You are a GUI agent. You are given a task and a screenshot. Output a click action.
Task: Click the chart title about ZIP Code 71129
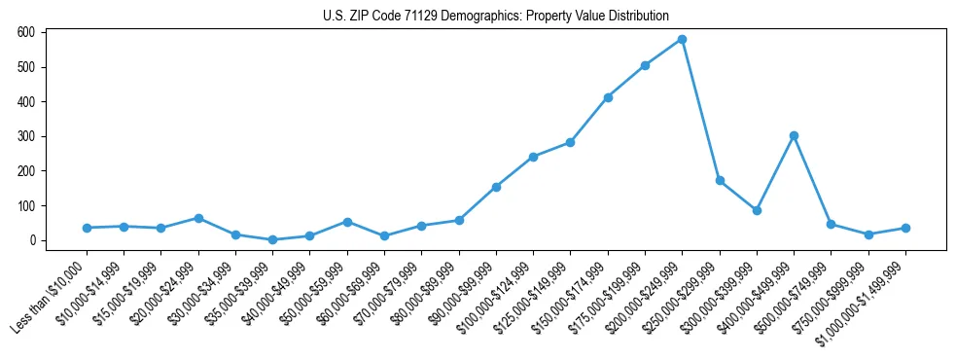pos(496,16)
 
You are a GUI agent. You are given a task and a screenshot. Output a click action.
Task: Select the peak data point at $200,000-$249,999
pos(683,39)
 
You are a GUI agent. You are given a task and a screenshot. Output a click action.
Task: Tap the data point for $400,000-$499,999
pos(794,135)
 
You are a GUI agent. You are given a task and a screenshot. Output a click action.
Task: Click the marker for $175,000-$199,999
pos(645,65)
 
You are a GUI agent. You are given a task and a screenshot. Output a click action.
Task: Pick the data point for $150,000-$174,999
pos(608,97)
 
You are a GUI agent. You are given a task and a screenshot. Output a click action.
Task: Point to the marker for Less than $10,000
pos(87,228)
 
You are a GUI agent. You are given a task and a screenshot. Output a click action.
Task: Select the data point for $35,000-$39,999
pos(272,239)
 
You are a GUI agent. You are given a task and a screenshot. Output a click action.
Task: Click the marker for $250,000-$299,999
pos(720,180)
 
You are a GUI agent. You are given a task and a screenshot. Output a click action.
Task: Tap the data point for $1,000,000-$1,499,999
pos(905,228)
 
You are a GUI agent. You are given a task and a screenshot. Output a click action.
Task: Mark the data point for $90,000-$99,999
pos(496,187)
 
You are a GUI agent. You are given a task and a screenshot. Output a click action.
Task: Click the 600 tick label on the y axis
pos(26,32)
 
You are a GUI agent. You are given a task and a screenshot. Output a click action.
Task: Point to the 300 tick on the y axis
pos(26,136)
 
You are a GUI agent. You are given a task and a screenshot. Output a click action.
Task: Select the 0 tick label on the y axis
pos(31,240)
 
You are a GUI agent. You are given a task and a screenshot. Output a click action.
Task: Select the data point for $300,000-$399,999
pos(757,210)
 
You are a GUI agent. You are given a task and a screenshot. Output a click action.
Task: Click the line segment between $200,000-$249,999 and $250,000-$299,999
pos(701,110)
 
